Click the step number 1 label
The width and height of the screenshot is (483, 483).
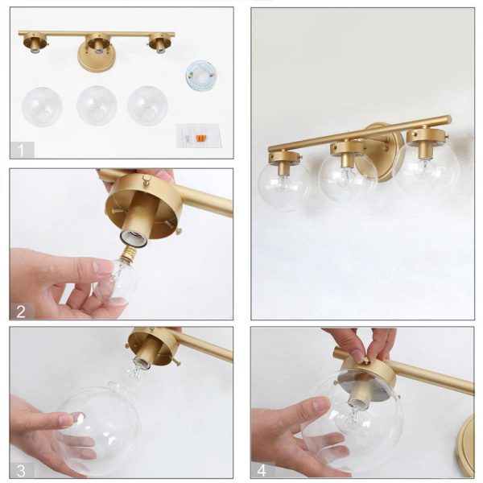tap(21, 151)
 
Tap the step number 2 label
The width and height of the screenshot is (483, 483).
tap(21, 312)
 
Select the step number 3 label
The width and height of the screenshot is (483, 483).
tap(21, 471)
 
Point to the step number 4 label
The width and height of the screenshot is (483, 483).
tap(262, 471)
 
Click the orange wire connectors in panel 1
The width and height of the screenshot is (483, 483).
tap(200, 138)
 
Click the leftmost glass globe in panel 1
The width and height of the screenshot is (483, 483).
tap(42, 107)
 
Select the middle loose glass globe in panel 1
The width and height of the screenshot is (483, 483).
tap(97, 105)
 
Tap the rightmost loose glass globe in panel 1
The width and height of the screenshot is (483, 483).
tap(148, 105)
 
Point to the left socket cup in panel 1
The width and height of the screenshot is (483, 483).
tap(35, 44)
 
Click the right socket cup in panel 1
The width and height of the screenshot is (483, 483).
tap(159, 44)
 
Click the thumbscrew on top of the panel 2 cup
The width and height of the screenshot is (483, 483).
tap(147, 177)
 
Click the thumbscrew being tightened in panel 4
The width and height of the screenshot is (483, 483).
tap(365, 360)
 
